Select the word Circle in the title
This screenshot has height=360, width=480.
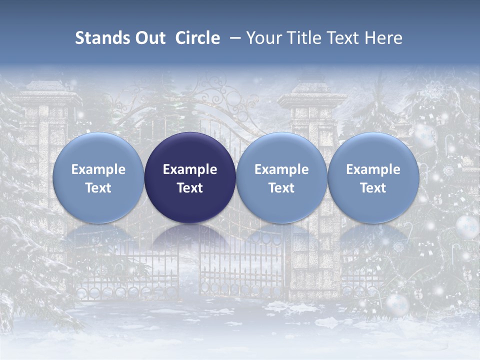tap(197, 38)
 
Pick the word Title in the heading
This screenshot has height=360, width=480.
tap(303, 38)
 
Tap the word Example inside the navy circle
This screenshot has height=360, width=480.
tap(190, 169)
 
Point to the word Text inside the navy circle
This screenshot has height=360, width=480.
tap(190, 188)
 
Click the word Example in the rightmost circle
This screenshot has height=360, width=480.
tap(373, 169)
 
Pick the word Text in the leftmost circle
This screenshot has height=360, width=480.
tap(98, 188)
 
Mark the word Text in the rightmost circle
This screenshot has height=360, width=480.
tap(373, 188)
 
